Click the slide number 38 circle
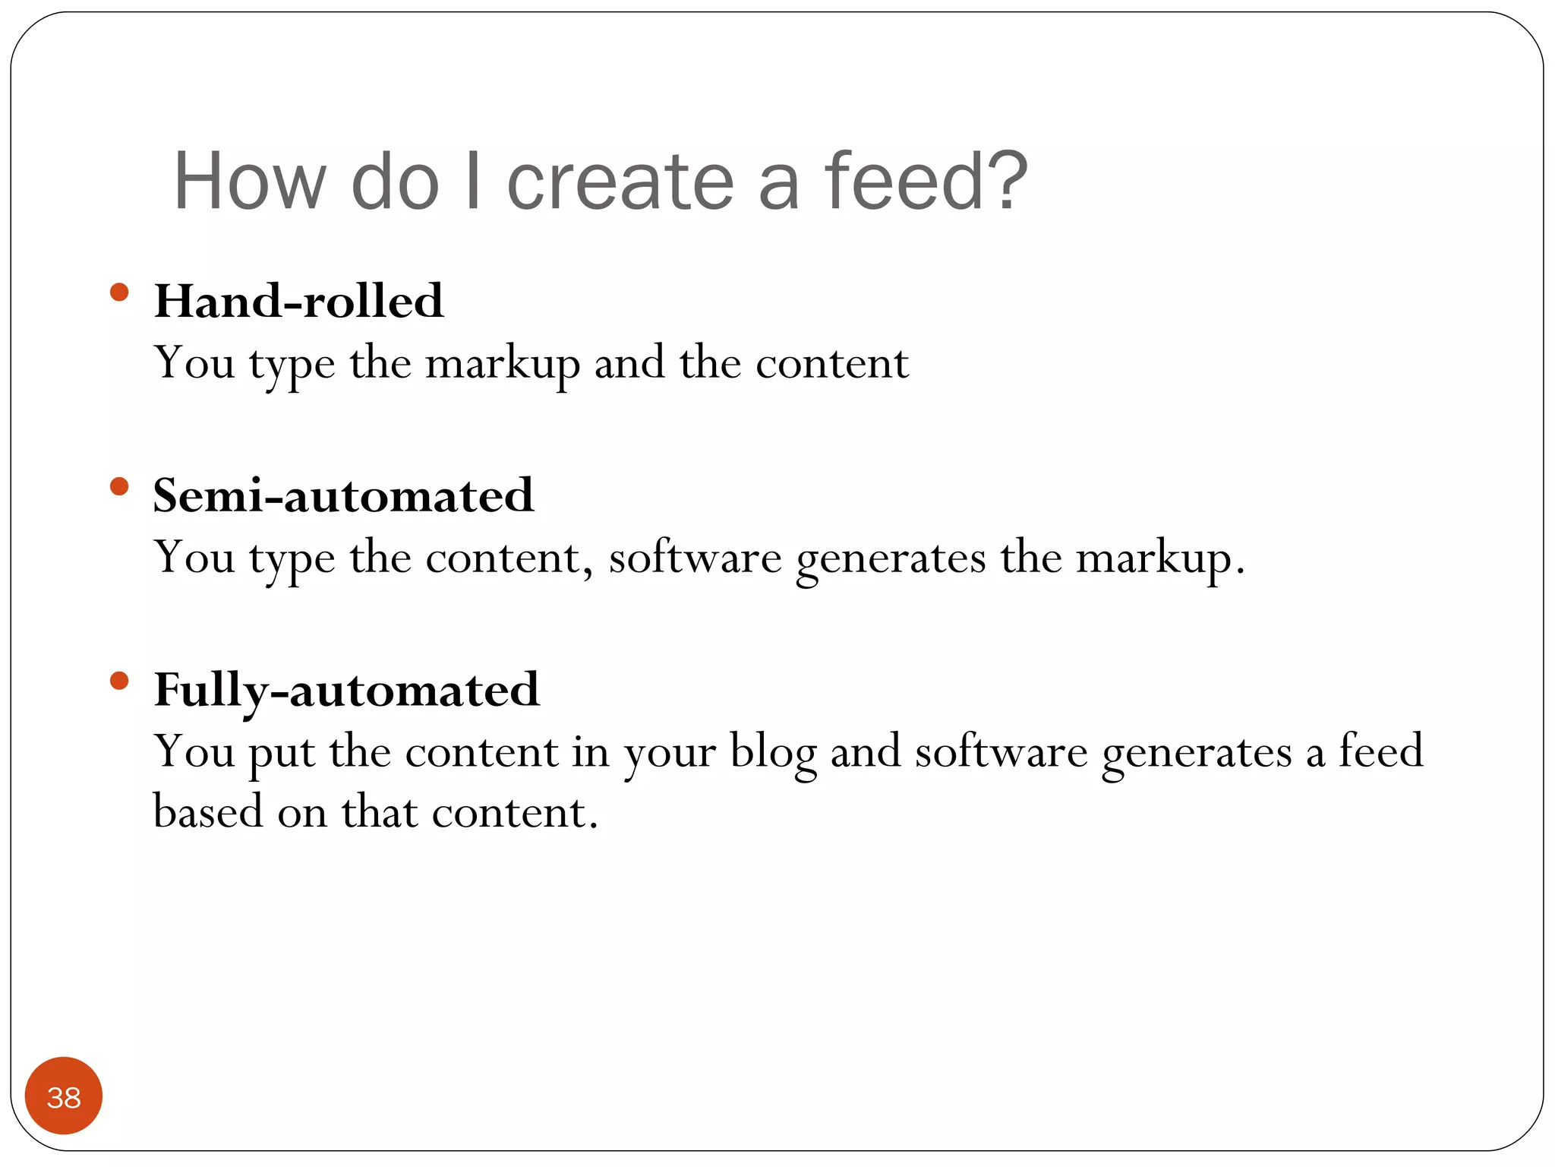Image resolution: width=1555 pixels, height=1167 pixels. pyautogui.click(x=64, y=1096)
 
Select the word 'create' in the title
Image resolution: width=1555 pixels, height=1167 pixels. pyautogui.click(x=620, y=182)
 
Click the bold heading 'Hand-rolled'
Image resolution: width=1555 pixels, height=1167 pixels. pyautogui.click(x=298, y=301)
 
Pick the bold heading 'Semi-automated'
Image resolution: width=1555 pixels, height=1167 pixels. pyautogui.click(x=343, y=495)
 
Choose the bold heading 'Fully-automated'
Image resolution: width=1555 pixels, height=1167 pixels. pyautogui.click(x=346, y=690)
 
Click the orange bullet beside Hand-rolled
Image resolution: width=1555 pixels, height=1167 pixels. pyautogui.click(x=119, y=293)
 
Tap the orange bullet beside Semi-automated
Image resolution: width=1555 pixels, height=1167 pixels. pyautogui.click(x=119, y=486)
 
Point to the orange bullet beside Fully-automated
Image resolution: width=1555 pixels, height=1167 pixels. pyautogui.click(x=119, y=680)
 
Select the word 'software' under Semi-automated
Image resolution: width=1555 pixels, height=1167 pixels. pyautogui.click(x=695, y=558)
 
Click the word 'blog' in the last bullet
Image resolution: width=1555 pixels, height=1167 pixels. pyautogui.click(x=773, y=754)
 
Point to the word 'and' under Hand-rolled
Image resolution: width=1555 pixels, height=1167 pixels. pyautogui.click(x=629, y=363)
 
